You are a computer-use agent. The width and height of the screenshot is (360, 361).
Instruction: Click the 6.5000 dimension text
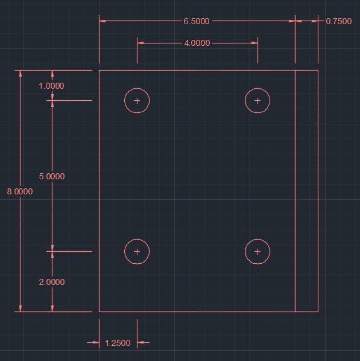click(x=197, y=21)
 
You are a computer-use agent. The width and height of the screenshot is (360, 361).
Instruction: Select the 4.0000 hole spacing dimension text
click(x=197, y=43)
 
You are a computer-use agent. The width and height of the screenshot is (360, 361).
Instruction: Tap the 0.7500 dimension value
click(x=339, y=21)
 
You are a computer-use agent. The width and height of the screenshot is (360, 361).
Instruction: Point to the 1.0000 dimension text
click(x=51, y=86)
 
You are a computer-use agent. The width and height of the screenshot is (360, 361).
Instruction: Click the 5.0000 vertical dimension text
click(x=52, y=176)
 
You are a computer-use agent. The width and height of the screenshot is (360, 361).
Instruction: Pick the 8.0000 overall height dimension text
click(x=20, y=191)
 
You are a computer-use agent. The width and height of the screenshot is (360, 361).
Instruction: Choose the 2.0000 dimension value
click(x=52, y=282)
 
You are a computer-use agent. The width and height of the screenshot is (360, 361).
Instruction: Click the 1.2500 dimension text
click(x=118, y=343)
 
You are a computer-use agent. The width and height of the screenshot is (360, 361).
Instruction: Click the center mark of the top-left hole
click(x=137, y=101)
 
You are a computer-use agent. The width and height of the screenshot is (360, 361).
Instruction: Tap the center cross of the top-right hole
click(x=257, y=101)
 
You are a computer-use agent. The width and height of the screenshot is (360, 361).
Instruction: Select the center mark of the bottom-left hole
click(x=137, y=251)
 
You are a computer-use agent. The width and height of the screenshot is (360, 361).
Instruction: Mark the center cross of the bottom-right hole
click(x=257, y=251)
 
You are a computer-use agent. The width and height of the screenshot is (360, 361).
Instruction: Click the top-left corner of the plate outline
click(x=99, y=71)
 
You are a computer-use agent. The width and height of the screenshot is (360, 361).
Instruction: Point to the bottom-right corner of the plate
click(x=318, y=311)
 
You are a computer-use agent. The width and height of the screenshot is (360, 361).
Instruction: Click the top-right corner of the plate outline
click(x=318, y=71)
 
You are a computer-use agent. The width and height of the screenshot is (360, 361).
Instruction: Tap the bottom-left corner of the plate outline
click(x=99, y=311)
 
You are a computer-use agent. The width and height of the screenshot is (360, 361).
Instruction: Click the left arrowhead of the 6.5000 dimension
click(x=103, y=21)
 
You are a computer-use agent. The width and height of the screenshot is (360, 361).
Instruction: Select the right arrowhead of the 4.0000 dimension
click(x=254, y=43)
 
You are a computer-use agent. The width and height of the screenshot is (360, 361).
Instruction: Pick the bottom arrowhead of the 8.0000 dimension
click(x=21, y=308)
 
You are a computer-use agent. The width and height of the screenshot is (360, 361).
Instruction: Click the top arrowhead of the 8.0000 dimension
click(x=21, y=74)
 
